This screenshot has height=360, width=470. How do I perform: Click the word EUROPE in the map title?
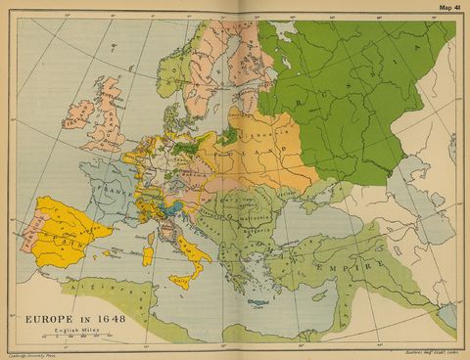tap(49, 318)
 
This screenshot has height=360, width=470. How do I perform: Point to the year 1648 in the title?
tap(115, 318)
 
